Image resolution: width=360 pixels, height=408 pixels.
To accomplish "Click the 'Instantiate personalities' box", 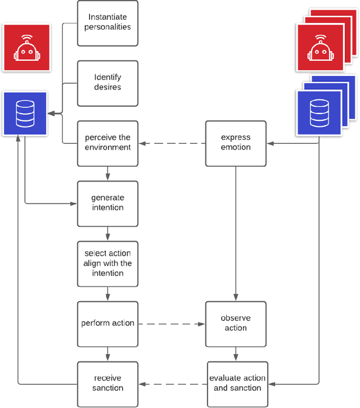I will [x=107, y=22].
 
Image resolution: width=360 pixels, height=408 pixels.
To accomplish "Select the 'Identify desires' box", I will [x=107, y=83].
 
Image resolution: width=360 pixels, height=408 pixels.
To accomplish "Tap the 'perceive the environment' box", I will [x=107, y=143].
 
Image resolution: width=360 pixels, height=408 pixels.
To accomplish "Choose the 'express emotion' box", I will [x=236, y=143].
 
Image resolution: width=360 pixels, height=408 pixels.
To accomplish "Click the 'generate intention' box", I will [x=107, y=203].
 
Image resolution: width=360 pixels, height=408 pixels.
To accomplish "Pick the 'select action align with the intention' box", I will [x=107, y=263].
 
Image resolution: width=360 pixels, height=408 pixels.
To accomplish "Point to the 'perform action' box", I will [x=107, y=323].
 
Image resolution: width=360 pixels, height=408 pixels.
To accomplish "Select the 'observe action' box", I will [x=236, y=323].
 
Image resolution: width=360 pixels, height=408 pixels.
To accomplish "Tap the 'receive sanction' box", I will [x=107, y=383].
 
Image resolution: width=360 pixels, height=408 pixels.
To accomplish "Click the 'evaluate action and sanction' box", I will [x=236, y=383].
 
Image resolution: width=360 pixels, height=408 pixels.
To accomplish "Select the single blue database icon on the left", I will [x=25, y=114].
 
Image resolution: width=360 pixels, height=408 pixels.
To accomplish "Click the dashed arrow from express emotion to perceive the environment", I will [x=172, y=144].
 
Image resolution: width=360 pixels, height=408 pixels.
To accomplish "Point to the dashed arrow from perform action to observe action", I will [x=172, y=324].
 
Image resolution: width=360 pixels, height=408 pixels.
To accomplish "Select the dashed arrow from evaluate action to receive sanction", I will [x=172, y=384].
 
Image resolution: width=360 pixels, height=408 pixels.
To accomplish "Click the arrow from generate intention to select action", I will [x=107, y=234].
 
